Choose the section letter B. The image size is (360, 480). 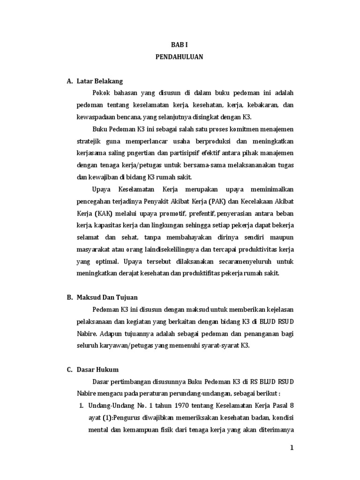click(69, 297)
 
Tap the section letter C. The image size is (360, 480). click(69, 369)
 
